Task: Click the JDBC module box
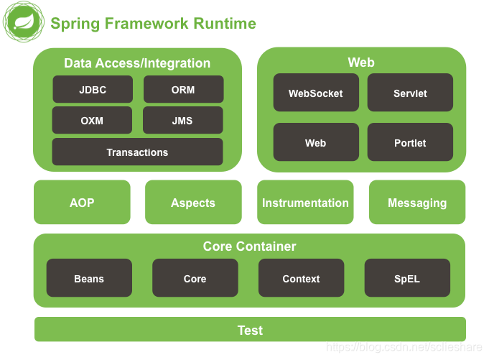93,89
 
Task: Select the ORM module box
183,89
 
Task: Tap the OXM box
92,120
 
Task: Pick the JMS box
183,120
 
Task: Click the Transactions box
138,152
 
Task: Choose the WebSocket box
316,93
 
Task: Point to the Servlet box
410,93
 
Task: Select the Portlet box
410,142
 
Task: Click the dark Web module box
316,142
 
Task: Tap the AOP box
82,202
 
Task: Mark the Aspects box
193,202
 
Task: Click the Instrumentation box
305,202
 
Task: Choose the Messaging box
417,202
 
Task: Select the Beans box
89,277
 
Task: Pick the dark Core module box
195,277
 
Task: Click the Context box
302,277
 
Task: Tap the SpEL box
407,277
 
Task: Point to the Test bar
250,329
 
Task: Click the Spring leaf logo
24,22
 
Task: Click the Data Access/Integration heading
137,63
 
